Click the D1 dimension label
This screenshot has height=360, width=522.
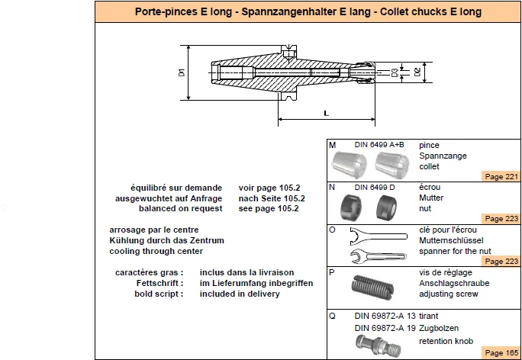point(182,72)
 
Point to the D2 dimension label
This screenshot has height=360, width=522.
point(417,72)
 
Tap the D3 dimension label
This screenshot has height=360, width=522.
point(395,72)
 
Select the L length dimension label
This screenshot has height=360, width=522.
point(327,114)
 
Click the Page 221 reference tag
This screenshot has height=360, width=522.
point(501,177)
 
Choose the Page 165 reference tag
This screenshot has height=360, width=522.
point(501,352)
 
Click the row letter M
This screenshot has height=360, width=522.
point(332,145)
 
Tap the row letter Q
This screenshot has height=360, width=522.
point(332,316)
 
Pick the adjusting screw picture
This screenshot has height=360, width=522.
point(372,287)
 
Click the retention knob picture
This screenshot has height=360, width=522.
point(379,346)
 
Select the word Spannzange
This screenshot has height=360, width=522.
point(443,156)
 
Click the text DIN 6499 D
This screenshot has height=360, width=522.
point(375,188)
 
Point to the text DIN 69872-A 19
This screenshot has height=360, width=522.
point(385,329)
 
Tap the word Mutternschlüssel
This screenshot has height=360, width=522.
point(451,240)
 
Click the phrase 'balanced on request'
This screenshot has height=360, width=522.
point(180,209)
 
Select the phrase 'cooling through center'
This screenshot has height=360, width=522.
point(156,251)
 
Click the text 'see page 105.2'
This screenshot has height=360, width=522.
point(269,209)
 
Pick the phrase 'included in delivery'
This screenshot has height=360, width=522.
point(240,294)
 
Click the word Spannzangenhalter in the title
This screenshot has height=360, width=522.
point(307,12)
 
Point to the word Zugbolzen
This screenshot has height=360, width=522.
point(439,329)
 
